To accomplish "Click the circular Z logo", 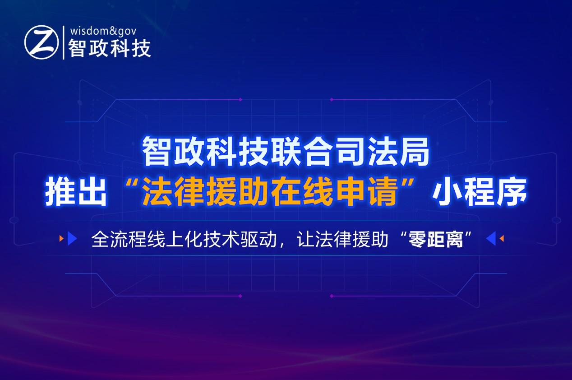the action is click(42, 42).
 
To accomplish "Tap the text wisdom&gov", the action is click(103, 32).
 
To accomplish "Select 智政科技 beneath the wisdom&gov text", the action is click(110, 48).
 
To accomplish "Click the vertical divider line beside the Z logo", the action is click(64, 42).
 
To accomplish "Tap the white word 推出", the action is click(76, 192).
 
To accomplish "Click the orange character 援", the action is click(221, 192).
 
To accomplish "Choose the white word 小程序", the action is click(480, 192).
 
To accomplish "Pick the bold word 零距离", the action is click(436, 240).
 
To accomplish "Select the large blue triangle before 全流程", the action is click(72, 238).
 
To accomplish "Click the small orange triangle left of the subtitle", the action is click(61, 238).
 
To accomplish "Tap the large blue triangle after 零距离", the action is click(491, 238).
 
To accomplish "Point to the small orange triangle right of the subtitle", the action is click(502, 238).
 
